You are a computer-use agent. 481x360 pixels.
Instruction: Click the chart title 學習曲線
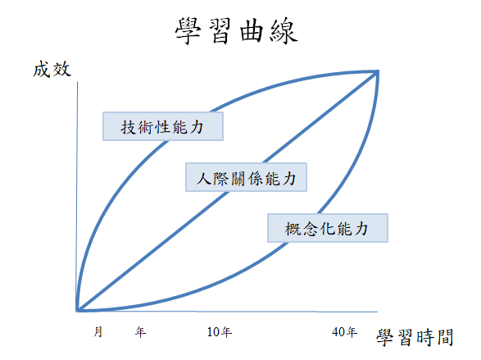(236, 30)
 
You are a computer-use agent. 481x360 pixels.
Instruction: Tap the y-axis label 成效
(52, 69)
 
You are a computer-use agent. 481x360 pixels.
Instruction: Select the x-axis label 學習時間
(415, 338)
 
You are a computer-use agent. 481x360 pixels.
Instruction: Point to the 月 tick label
(98, 332)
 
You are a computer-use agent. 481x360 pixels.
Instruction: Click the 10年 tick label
(220, 332)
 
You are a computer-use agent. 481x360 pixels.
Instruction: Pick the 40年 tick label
(344, 332)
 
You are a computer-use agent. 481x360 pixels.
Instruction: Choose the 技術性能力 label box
(163, 126)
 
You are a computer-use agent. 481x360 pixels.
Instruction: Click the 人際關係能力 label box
(246, 177)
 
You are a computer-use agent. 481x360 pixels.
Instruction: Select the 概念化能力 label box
(328, 228)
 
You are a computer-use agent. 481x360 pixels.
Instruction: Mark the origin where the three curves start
(78, 310)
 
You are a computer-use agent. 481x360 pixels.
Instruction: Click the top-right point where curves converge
(377, 72)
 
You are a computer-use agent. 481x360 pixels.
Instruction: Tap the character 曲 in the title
(252, 31)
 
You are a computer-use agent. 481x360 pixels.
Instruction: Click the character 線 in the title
(284, 31)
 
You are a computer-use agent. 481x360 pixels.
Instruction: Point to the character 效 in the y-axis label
(62, 69)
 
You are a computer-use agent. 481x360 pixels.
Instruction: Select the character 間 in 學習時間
(445, 338)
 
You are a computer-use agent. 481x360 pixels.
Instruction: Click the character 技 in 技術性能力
(128, 127)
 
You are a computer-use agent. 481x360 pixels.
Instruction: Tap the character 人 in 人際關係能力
(204, 178)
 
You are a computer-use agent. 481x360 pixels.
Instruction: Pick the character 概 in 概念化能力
(293, 229)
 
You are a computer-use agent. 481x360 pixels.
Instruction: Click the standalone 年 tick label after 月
(140, 332)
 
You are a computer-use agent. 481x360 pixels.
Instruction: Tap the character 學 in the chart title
(188, 31)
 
